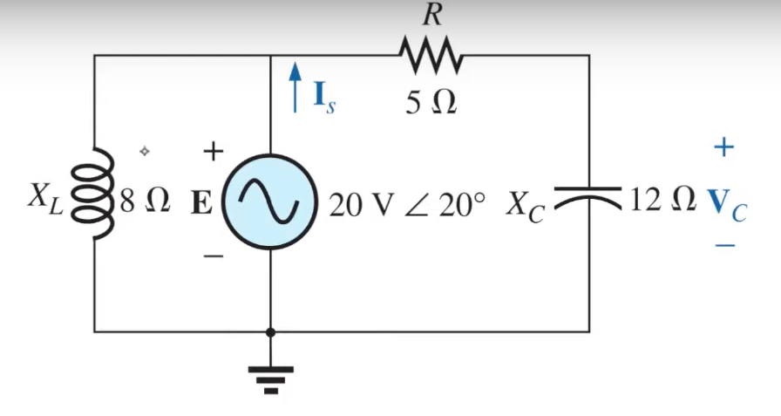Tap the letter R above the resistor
click(430, 15)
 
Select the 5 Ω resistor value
click(430, 103)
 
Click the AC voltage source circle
click(270, 202)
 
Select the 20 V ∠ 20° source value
click(408, 204)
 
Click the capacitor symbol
click(589, 198)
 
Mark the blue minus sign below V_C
click(725, 246)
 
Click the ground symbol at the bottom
click(270, 378)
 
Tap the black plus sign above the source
click(213, 152)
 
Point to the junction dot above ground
click(270, 331)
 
